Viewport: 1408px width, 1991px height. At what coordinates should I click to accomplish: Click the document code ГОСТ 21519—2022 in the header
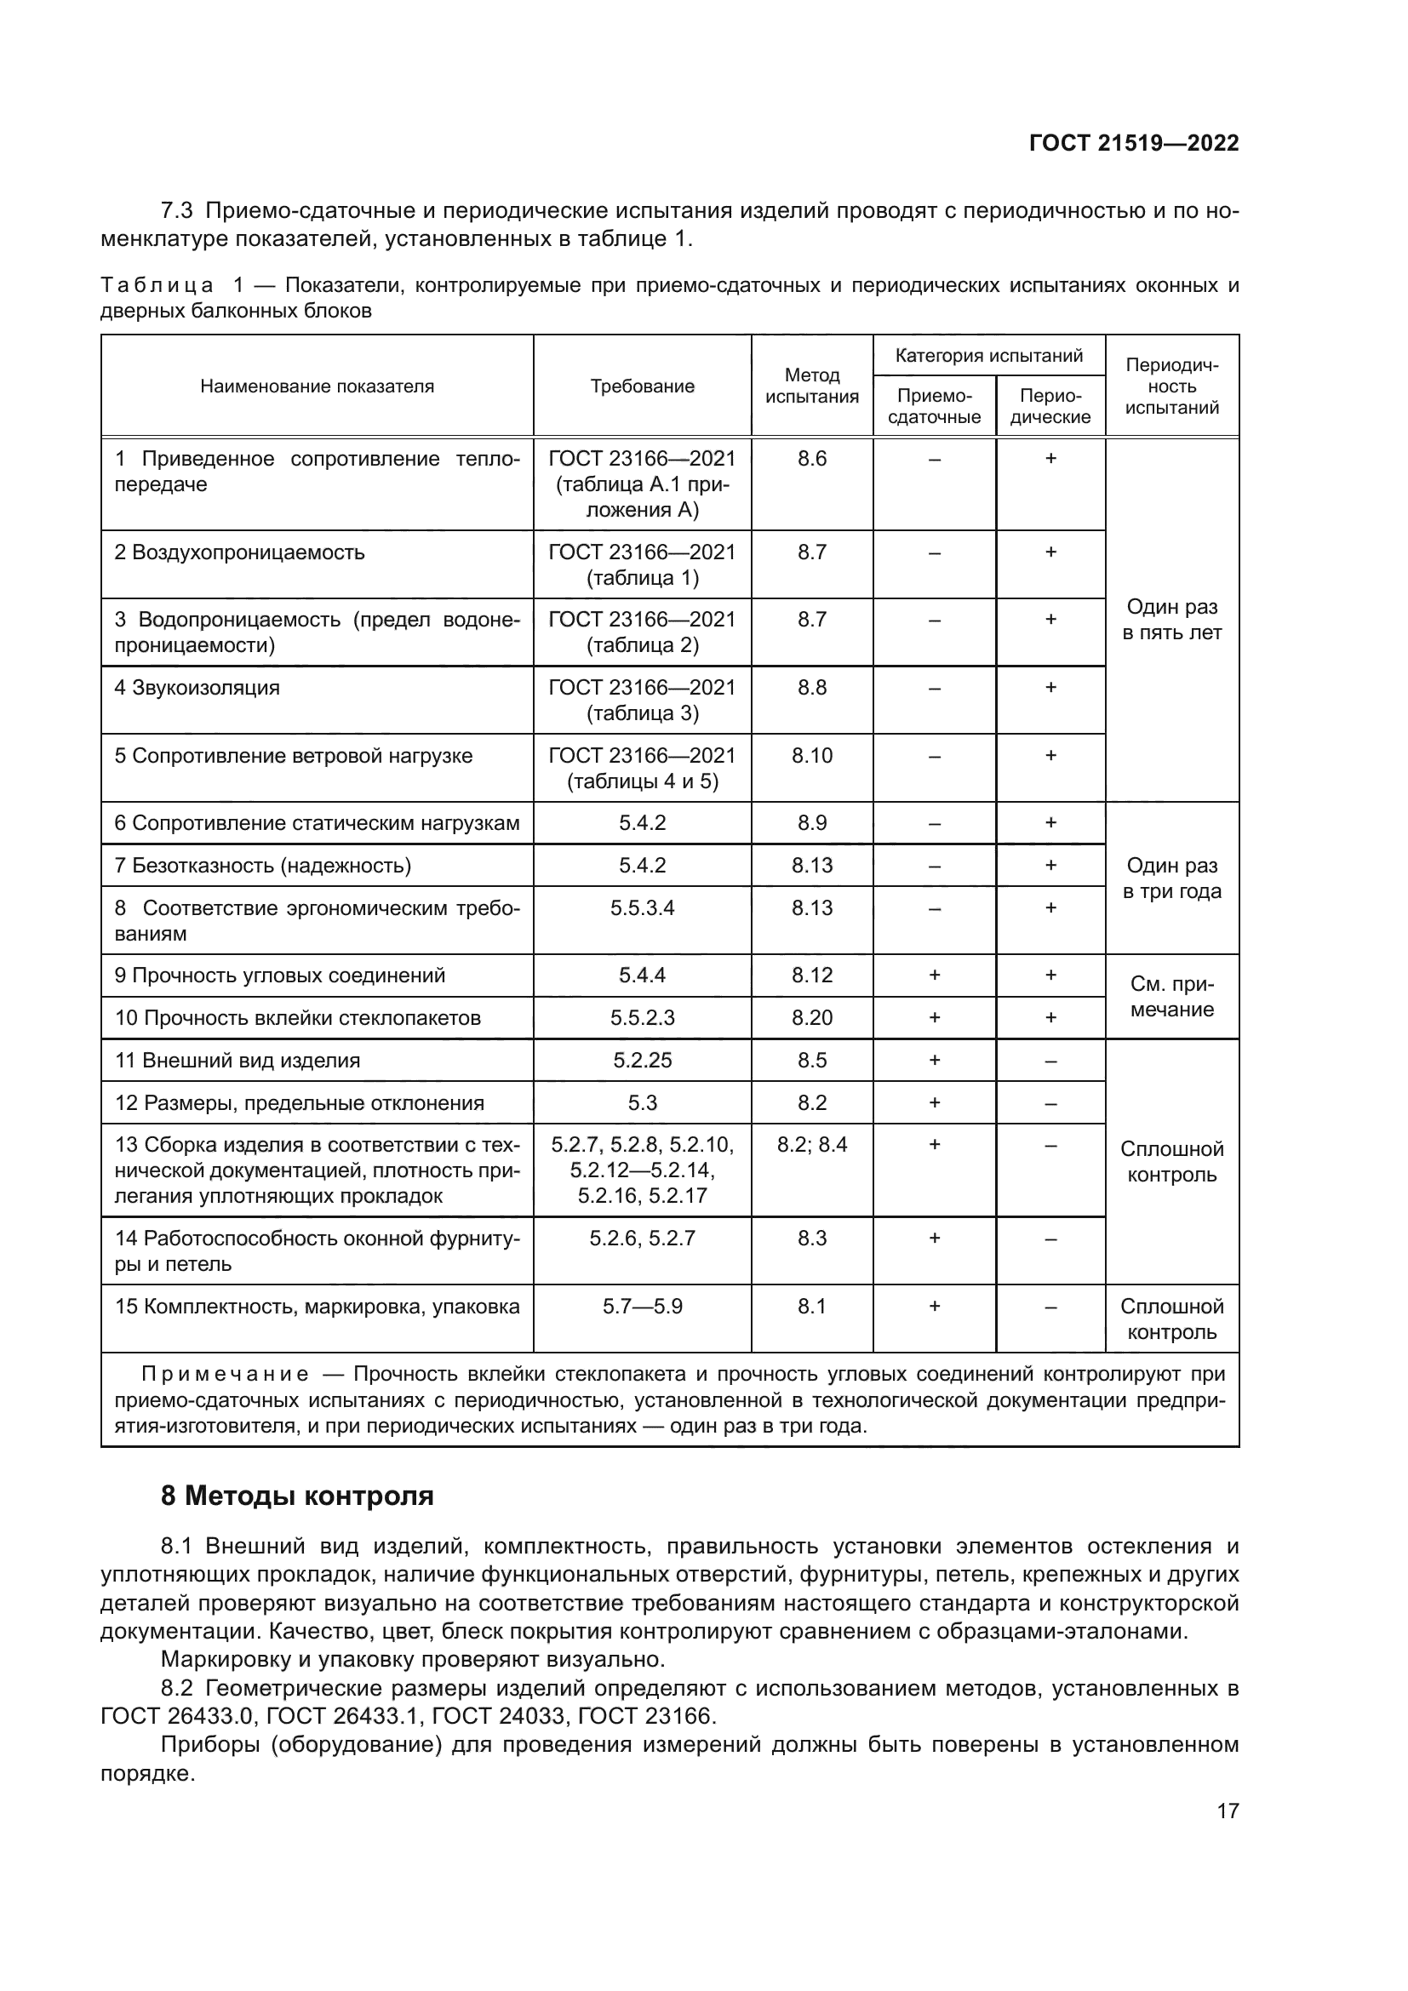(x=1133, y=143)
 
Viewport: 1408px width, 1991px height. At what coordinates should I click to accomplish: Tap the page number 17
(x=1227, y=1811)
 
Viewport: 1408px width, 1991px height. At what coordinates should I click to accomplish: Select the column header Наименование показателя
(x=317, y=386)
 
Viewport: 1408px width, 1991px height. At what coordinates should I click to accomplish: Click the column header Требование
(x=642, y=386)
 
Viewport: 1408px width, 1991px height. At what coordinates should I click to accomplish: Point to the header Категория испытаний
(x=988, y=356)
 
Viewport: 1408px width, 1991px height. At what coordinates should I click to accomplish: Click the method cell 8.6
(x=811, y=459)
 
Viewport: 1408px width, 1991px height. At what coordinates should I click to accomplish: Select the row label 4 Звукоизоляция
(x=197, y=688)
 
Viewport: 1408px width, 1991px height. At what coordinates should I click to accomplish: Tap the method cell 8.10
(x=811, y=755)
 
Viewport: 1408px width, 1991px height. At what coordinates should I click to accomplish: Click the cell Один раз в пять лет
(x=1171, y=619)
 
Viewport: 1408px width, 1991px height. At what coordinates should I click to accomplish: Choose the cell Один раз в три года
(x=1171, y=878)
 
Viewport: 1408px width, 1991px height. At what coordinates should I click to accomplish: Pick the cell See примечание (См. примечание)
(x=1171, y=997)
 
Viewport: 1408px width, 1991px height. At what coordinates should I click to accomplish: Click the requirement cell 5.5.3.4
(x=642, y=908)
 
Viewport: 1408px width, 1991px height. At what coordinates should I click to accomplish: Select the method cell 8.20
(x=811, y=1017)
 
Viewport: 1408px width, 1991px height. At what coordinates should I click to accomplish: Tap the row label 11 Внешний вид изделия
(x=238, y=1060)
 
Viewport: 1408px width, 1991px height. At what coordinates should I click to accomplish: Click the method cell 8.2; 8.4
(x=811, y=1145)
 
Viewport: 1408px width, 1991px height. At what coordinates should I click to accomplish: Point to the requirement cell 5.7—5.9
(x=642, y=1306)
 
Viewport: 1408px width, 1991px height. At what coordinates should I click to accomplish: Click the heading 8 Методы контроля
(x=296, y=1496)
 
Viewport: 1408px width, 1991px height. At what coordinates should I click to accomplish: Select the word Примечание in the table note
(x=225, y=1374)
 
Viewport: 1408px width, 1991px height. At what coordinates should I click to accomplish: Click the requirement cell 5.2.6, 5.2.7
(x=642, y=1239)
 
